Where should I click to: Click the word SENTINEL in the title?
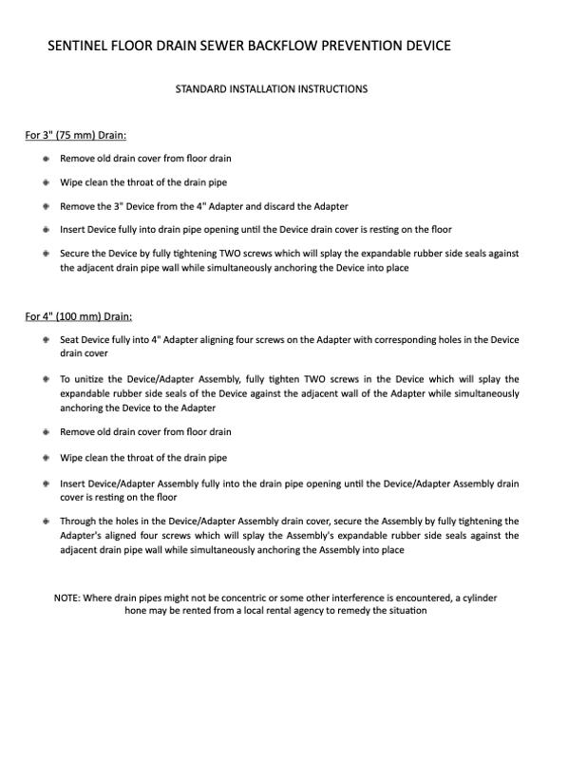pos(79,46)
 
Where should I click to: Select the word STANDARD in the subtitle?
pos(201,89)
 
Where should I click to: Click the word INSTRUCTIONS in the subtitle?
pos(332,89)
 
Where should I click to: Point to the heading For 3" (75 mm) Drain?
pos(76,135)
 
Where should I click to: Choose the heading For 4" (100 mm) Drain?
pos(79,316)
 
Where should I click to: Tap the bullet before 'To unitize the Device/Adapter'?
pos(46,379)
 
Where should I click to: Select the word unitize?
pos(93,379)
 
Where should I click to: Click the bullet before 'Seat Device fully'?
pos(46,339)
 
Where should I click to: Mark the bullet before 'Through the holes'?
pos(46,521)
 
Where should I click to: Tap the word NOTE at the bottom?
pos(66,598)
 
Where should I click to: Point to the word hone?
pos(136,611)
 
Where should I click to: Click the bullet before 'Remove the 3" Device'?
pos(46,206)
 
